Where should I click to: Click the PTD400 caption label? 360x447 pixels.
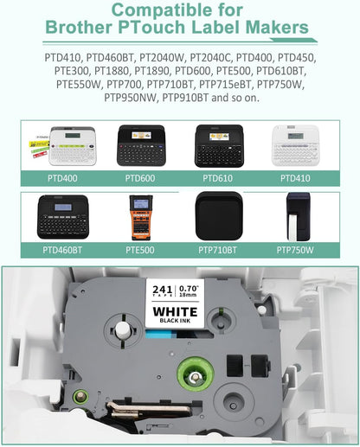click(62, 178)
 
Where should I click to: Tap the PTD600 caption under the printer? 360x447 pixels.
click(140, 178)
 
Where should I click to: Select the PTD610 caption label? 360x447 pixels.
click(217, 178)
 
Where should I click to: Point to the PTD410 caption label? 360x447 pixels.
click(295, 178)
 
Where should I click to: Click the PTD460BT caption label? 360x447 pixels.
click(62, 250)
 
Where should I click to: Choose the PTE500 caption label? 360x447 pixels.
click(140, 250)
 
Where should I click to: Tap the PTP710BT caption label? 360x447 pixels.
click(217, 250)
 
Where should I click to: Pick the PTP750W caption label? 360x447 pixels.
click(295, 250)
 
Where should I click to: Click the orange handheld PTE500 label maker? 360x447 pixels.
click(140, 218)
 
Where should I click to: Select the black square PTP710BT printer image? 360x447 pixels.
click(219, 216)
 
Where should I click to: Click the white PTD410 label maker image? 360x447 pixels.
click(295, 145)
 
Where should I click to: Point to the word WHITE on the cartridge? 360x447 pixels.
click(176, 312)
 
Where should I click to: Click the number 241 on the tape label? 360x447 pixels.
click(163, 290)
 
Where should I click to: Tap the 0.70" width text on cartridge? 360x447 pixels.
click(190, 289)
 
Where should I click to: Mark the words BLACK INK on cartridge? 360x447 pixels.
click(176, 321)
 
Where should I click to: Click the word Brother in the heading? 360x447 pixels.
click(79, 27)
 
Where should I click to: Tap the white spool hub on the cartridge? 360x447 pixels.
click(122, 330)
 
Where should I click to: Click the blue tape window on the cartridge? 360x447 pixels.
click(161, 335)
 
